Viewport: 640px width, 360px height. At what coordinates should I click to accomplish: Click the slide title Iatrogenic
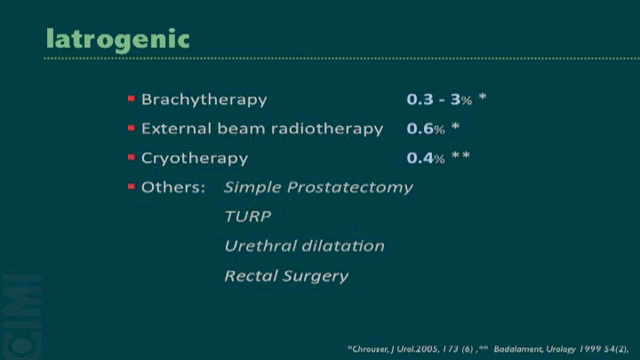point(117,40)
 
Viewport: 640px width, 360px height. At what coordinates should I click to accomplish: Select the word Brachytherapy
point(204,100)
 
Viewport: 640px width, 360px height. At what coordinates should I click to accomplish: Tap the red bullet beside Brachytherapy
point(131,99)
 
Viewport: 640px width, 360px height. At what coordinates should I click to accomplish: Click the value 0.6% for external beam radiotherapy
point(425,128)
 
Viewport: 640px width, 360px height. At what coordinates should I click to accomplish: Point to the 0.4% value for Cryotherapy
point(425,158)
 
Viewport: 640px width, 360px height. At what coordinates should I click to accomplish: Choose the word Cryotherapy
point(194,158)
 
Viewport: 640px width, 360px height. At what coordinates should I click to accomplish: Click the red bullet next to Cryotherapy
point(131,157)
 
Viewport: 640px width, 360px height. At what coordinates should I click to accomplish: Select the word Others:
point(173,187)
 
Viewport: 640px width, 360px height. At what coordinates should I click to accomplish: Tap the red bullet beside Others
point(131,186)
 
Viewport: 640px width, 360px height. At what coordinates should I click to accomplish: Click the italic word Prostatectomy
point(350,188)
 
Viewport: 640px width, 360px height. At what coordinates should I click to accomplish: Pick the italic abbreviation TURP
point(248,216)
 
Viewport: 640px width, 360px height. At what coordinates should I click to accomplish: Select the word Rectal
point(251,275)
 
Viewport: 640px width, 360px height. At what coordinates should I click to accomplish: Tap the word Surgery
point(316,276)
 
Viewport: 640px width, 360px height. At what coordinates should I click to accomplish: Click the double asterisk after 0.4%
point(460,155)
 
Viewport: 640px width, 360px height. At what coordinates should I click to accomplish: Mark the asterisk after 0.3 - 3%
point(482,96)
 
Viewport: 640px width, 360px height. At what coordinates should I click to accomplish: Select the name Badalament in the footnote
point(518,349)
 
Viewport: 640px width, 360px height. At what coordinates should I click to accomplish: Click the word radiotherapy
point(327,129)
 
